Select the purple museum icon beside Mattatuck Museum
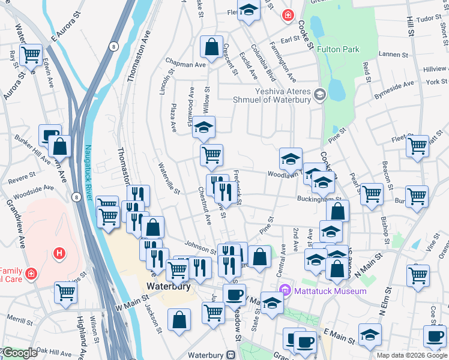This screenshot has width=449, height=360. [x=286, y=291]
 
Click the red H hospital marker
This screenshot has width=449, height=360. [x=59, y=253]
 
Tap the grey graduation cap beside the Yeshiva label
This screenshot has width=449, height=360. [x=319, y=94]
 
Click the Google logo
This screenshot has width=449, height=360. [x=19, y=353]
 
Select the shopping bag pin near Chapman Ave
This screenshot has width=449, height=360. [x=211, y=46]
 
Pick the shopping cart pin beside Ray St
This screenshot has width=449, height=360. [x=31, y=55]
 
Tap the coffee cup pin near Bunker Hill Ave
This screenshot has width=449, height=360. [x=50, y=134]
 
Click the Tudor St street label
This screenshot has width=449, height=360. [x=429, y=19]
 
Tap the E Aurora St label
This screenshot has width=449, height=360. [x=65, y=29]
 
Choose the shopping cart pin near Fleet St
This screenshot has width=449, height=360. [x=417, y=146]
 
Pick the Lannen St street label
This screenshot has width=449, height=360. [x=394, y=55]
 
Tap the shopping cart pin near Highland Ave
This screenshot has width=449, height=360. [x=66, y=292]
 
